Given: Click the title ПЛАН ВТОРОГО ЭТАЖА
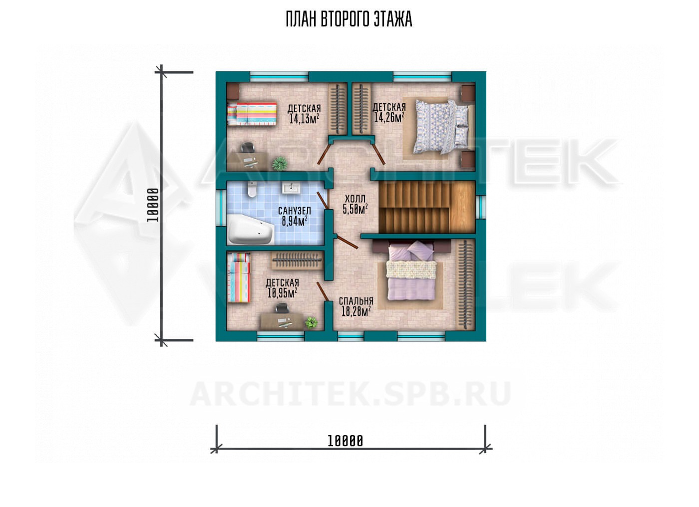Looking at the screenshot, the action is pos(349,19).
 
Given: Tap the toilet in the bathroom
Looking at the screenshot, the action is pos(252,189).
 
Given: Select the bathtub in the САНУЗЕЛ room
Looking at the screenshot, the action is pos(251,229).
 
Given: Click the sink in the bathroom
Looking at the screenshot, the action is pos(291,188).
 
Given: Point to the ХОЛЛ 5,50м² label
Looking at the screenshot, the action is pos(355,204).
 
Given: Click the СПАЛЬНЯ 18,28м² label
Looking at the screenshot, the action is pos(356,306).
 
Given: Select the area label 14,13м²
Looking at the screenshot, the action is pos(304,119).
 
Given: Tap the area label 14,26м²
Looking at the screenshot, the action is pos(389,117).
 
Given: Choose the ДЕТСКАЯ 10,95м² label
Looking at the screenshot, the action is pos(283,288).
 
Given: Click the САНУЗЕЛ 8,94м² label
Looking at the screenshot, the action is pos(295,217).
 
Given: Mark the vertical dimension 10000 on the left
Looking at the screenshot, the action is pos(153,205).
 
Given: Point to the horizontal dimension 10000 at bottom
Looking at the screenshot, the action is pos(345,441).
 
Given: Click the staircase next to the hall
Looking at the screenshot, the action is pos(427,207).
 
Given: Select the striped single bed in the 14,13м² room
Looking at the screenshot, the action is pos(252,113).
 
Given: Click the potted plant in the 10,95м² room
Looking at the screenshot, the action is pos(311,322).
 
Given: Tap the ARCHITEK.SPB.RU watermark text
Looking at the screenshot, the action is pos(350,394).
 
